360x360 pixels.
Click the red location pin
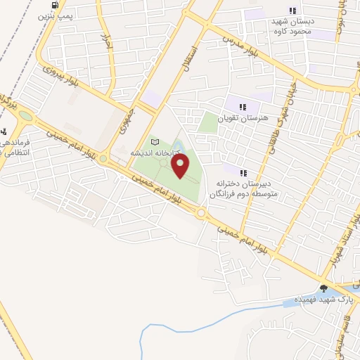pyautogui.click(x=181, y=166)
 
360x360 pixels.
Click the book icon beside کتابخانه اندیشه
pyautogui.click(x=155, y=143)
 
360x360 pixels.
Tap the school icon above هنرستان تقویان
pyautogui.click(x=243, y=108)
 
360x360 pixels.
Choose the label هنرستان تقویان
pyautogui.click(x=243, y=119)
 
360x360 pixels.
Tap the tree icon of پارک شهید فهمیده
pyautogui.click(x=323, y=287)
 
